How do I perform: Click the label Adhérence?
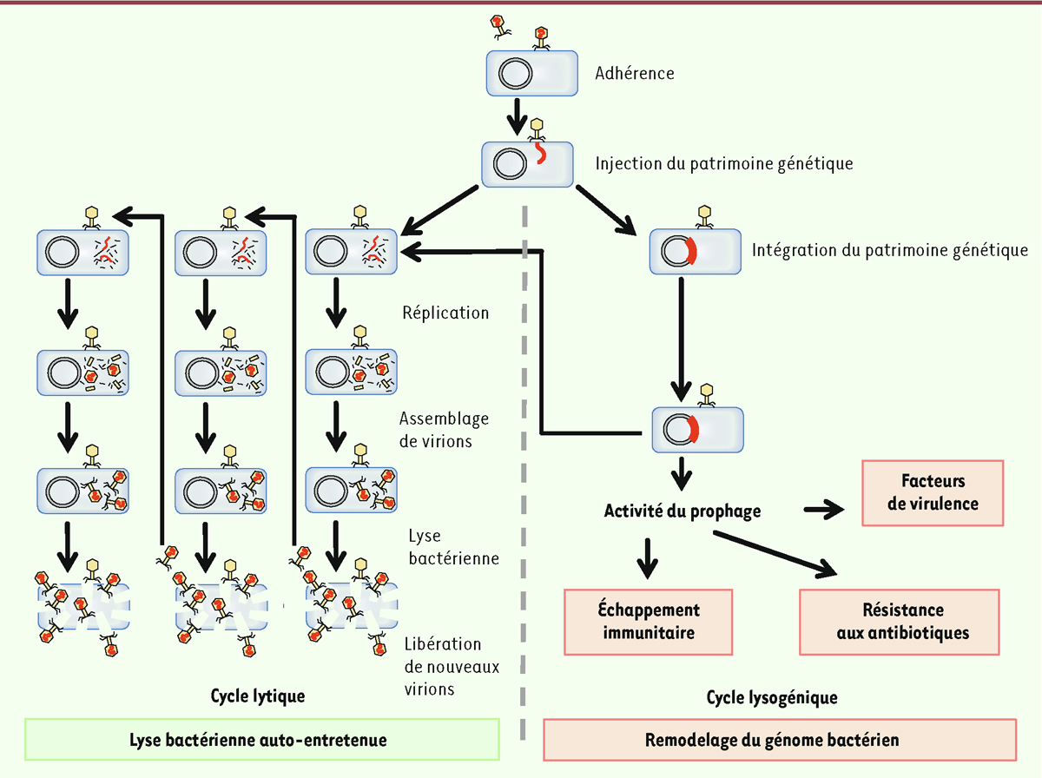point(635,74)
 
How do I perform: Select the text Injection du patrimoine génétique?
point(724,162)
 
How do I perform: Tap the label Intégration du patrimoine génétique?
point(890,251)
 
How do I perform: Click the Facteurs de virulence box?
point(933,493)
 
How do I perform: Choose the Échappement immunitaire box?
point(649,621)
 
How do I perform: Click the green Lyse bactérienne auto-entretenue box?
point(262,741)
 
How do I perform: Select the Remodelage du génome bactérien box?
point(779,741)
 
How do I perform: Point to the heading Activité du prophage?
point(683,511)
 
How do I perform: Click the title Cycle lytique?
point(258,696)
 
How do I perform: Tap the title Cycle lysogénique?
point(772,696)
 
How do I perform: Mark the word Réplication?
point(446,313)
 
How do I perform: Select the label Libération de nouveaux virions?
point(443,667)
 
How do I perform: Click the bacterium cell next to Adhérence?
point(531,73)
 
